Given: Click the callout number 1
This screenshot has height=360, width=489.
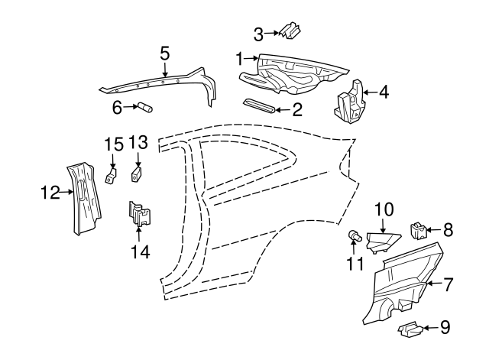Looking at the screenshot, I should [239, 58].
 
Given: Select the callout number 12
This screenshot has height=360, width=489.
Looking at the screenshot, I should [50, 193].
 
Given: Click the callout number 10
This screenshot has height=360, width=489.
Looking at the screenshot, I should [384, 209].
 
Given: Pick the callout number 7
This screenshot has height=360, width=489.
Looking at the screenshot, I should [449, 284].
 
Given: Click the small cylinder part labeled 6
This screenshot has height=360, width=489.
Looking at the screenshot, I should [144, 108].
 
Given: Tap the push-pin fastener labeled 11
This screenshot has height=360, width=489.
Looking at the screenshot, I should [356, 236].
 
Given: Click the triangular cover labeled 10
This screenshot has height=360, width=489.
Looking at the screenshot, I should [381, 242].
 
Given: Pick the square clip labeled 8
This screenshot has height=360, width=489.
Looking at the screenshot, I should [419, 228].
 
